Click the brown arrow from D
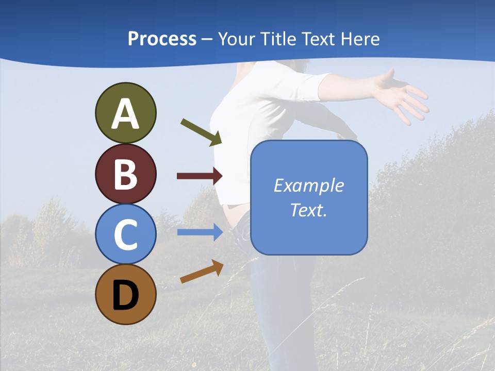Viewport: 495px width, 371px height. pyautogui.click(x=202, y=272)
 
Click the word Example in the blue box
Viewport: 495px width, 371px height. pyautogui.click(x=309, y=185)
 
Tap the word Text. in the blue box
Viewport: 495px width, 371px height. pyautogui.click(x=309, y=210)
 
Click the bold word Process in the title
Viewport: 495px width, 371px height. pyautogui.click(x=162, y=39)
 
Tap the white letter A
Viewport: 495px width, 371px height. pyautogui.click(x=125, y=113)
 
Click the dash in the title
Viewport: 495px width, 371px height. pyautogui.click(x=207, y=39)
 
